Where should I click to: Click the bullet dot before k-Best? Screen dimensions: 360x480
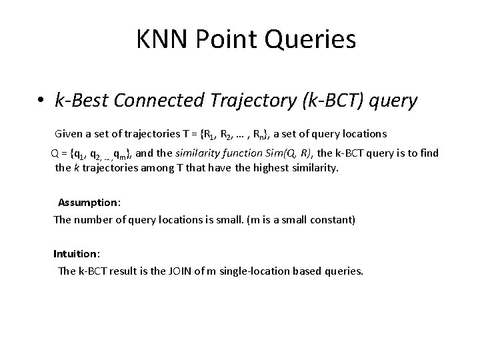click(x=41, y=102)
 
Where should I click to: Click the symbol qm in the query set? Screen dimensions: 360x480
click(x=122, y=154)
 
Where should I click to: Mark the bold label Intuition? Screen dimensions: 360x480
click(x=76, y=254)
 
